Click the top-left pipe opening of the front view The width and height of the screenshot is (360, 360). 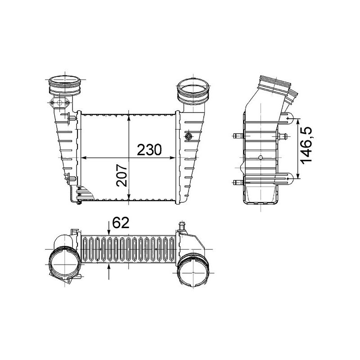[65, 84]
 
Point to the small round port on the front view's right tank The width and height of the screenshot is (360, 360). [189, 136]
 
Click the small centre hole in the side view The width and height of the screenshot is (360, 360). [261, 158]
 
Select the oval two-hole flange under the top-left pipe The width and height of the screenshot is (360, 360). [60, 104]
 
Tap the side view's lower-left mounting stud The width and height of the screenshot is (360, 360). [237, 182]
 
